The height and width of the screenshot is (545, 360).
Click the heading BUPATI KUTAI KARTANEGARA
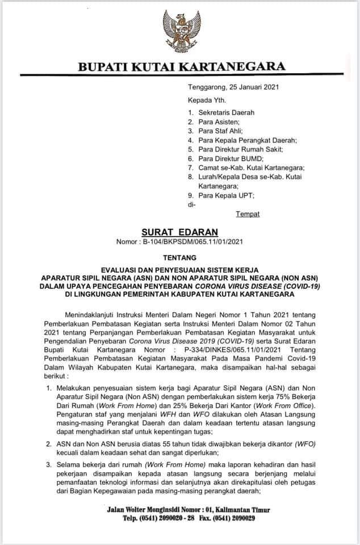181,68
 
